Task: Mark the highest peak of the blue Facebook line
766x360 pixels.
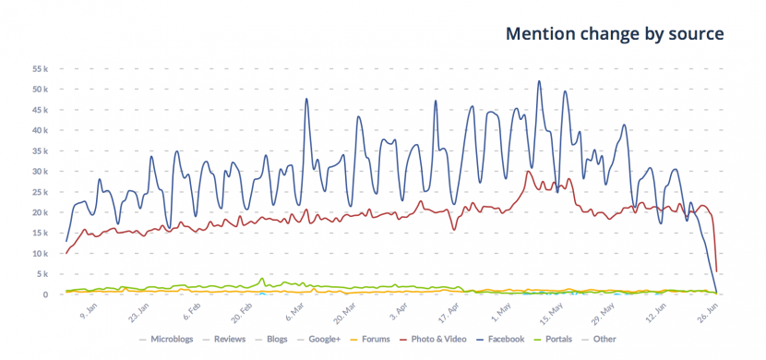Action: pos(539,81)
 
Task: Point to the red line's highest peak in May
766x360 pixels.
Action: pos(529,171)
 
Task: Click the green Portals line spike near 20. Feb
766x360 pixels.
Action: pos(263,279)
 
